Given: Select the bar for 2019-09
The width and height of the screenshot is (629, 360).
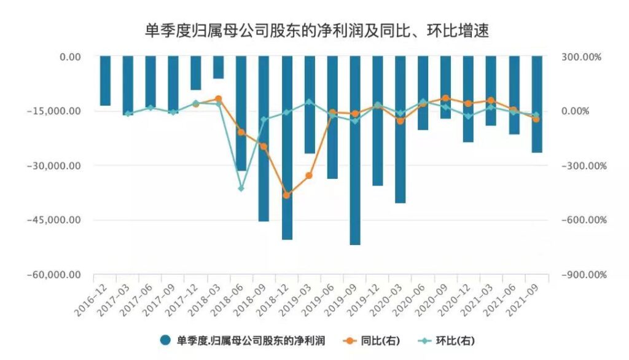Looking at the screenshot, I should [x=355, y=151].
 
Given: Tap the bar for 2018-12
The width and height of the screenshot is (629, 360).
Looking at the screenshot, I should [x=287, y=147].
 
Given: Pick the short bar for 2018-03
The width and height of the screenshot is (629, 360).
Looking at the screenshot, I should [x=219, y=68].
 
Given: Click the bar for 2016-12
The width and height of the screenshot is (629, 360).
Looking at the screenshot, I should [x=105, y=81].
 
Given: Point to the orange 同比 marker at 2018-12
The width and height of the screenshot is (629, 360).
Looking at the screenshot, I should [x=286, y=195].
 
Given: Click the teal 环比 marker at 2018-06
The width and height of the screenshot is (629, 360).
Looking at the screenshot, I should [x=241, y=189].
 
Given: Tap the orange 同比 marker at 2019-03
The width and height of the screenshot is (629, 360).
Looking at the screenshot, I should [x=309, y=176].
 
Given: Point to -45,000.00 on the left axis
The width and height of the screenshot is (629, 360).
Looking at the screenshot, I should [x=53, y=220].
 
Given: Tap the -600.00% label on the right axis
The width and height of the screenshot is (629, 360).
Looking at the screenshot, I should [x=580, y=220].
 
